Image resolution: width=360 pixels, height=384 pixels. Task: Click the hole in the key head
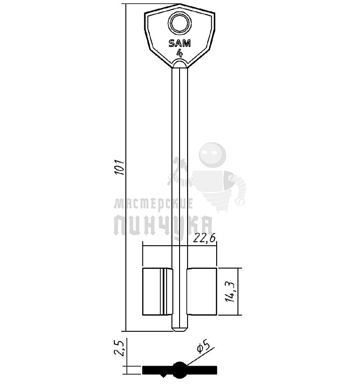[180, 24]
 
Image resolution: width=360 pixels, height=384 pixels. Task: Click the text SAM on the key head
[180, 43]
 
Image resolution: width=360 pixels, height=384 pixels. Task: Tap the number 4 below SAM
[180, 53]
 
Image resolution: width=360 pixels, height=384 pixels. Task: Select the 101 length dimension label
[120, 167]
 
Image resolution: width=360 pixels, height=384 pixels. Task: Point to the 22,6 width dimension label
[205, 238]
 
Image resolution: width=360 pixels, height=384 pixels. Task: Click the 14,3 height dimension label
[230, 292]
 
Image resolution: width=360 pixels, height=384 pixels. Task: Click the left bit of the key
[157, 292]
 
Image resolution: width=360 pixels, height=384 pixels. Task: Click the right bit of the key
[202, 292]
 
